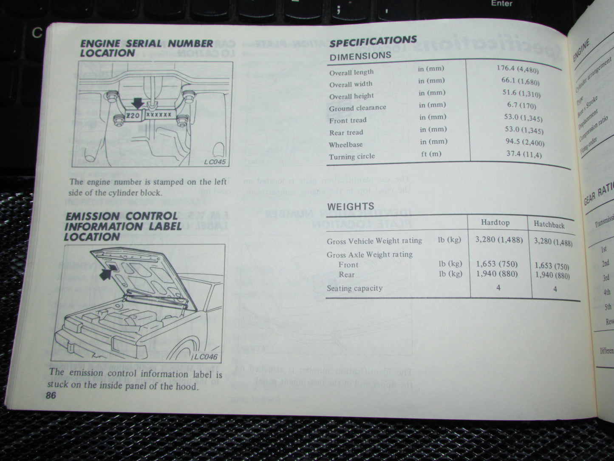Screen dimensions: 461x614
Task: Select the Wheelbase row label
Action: click(x=345, y=145)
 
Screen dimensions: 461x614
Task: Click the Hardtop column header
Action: click(x=495, y=222)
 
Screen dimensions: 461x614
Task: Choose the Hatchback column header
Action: click(x=549, y=225)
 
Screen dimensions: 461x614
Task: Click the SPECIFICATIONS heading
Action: click(x=373, y=41)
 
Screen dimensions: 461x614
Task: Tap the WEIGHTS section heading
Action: click(x=351, y=207)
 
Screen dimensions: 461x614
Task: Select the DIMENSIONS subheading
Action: click(x=360, y=55)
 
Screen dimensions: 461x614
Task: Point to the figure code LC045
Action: click(x=215, y=162)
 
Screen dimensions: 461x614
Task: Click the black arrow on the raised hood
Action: click(x=108, y=272)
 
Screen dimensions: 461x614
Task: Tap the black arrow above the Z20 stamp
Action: click(x=137, y=102)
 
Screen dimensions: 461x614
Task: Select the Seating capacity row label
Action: click(x=354, y=288)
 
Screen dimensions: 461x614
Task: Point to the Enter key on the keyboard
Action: click(x=501, y=3)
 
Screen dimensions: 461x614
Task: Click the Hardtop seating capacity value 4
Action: click(x=498, y=287)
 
